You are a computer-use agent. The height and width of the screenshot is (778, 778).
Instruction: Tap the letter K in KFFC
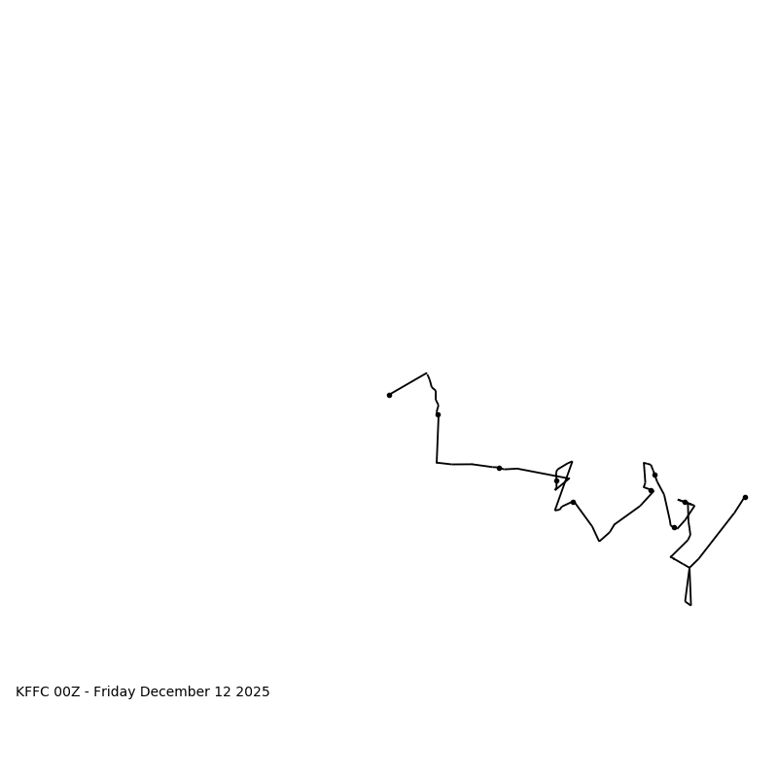[20, 692]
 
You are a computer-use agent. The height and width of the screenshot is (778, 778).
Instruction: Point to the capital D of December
[145, 692]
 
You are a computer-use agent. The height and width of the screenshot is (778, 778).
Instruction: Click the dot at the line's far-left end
[389, 395]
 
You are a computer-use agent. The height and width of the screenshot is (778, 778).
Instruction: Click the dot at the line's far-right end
[745, 497]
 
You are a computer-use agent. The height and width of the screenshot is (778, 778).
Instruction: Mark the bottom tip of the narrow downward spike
[690, 605]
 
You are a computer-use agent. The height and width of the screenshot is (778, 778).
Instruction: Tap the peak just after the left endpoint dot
[426, 373]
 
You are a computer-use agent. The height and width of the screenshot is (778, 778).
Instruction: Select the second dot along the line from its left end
[438, 414]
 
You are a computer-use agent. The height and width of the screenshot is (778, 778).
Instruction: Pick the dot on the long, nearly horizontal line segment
[499, 468]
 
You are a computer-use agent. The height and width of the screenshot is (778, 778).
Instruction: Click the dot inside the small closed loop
[556, 480]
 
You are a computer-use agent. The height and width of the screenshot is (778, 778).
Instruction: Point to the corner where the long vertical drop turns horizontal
[437, 462]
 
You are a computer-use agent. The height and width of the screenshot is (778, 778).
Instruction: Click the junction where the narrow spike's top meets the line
[690, 567]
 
